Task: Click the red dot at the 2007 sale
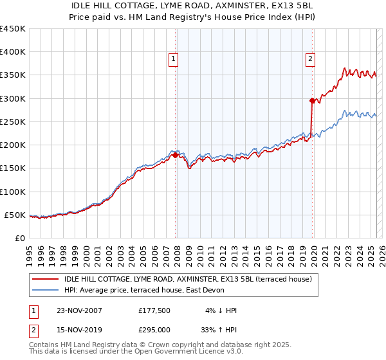tap(176, 155)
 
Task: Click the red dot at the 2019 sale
tap(312, 100)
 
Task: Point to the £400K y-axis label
tap(13, 52)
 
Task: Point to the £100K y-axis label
tap(13, 192)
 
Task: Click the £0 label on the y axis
tap(19, 238)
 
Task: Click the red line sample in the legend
tap(46, 278)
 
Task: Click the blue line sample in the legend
tap(46, 290)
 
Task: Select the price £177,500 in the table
tap(154, 310)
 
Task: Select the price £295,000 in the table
tap(154, 330)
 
